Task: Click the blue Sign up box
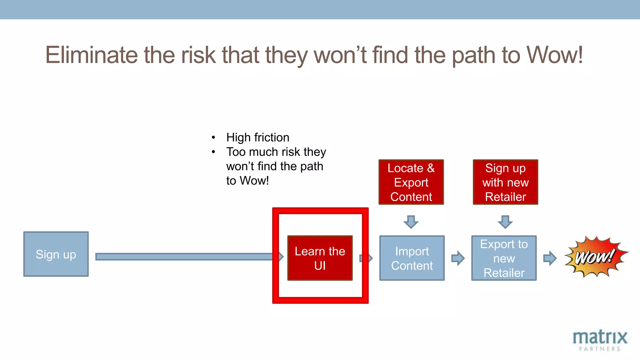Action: pos(56,254)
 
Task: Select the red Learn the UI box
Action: pos(320,258)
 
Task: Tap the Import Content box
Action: pos(412,258)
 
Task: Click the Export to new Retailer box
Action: pos(504,258)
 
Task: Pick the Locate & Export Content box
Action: pos(411,182)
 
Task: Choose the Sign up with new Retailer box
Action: pos(505,182)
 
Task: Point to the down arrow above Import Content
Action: pos(411,222)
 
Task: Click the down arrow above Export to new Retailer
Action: pos(505,222)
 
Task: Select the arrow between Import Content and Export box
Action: pos(458,258)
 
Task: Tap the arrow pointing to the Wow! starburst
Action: pos(550,258)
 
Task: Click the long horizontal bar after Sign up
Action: pos(184,257)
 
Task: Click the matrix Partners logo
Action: pos(599,340)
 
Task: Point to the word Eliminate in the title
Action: pos(91,55)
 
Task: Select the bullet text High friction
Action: pos(257,137)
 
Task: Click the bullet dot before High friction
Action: pos(213,137)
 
